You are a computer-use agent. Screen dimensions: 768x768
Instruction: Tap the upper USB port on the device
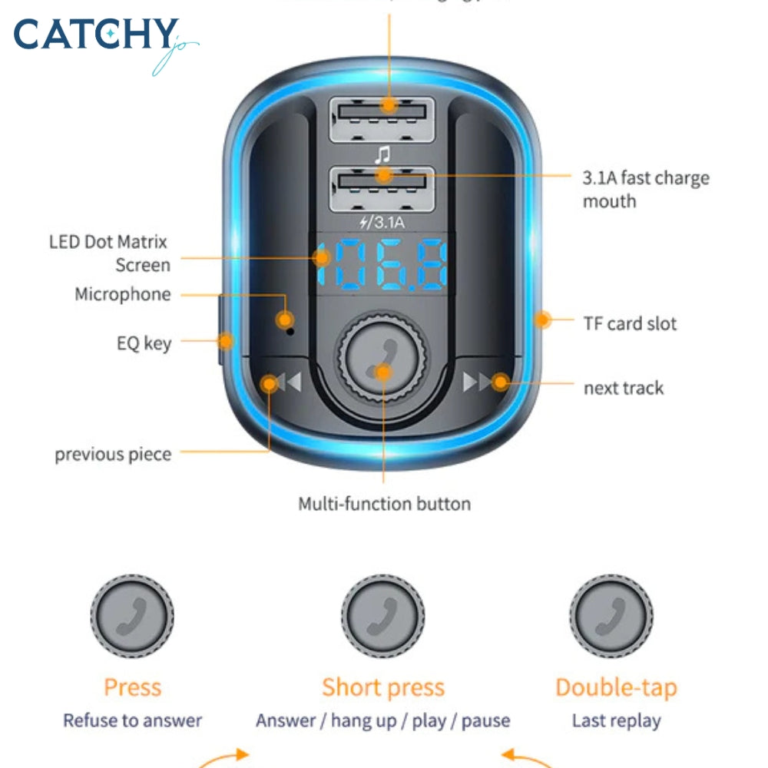coord(382,118)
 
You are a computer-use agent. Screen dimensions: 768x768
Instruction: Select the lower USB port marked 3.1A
coord(382,188)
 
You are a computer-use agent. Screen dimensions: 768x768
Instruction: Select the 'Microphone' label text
coord(123,295)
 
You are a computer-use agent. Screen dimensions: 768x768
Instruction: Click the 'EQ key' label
coord(144,343)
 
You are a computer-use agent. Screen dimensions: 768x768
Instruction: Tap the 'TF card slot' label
coord(630,323)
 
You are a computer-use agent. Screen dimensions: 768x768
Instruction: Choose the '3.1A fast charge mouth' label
coord(645,190)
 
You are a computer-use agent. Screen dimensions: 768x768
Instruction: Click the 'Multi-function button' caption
coord(384,504)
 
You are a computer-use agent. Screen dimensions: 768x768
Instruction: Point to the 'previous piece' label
coord(113,454)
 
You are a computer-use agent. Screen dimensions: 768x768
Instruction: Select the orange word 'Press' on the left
coord(132,687)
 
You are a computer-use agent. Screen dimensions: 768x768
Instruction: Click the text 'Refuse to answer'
coord(132,720)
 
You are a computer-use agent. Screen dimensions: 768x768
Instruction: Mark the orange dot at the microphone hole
coord(285,319)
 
